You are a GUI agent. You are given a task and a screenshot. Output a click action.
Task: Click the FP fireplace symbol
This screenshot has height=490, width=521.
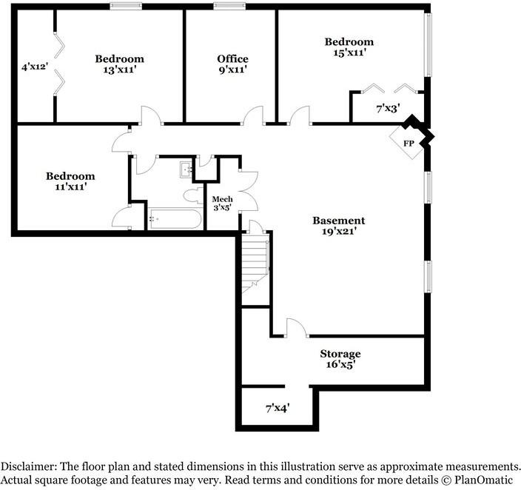pos(409,143)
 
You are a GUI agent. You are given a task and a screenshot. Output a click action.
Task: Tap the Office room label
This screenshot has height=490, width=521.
pos(232,59)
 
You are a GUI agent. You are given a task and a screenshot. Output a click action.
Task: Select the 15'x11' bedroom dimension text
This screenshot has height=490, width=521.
pos(349,53)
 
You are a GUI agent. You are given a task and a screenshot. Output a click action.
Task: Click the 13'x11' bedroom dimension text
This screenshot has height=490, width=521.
pos(118,70)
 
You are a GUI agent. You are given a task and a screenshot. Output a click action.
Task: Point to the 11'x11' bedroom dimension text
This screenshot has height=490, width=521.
pos(70,187)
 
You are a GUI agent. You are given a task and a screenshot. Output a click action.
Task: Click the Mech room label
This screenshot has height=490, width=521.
pos(223,200)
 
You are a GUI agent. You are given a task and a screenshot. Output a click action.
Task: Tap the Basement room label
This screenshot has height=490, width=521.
pos(338,221)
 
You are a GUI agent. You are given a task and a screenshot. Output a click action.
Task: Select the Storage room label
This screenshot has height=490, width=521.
pos(340,354)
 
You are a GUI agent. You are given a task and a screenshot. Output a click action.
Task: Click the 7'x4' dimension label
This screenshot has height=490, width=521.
pos(278,407)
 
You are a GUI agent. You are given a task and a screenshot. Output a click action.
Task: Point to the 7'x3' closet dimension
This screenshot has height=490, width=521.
pos(388,108)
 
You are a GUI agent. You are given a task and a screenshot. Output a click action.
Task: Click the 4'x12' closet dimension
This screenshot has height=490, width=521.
pos(35,67)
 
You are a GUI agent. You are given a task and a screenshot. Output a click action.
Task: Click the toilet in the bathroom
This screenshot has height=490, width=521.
pos(195,196)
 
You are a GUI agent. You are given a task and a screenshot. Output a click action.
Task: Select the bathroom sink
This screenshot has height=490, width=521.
pos(186,170)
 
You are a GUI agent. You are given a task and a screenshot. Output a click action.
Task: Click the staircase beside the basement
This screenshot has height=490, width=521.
pos(255,263)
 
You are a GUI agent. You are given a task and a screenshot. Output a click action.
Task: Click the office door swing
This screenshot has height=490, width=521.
pos(254,115)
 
